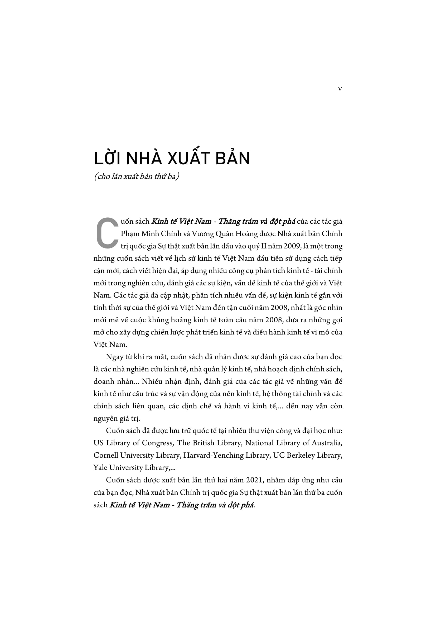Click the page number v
[340, 89]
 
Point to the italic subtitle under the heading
[136, 176]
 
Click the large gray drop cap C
[107, 233]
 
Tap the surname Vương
[202, 234]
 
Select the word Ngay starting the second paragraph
[115, 357]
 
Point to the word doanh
[103, 382]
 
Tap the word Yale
[100, 468]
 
